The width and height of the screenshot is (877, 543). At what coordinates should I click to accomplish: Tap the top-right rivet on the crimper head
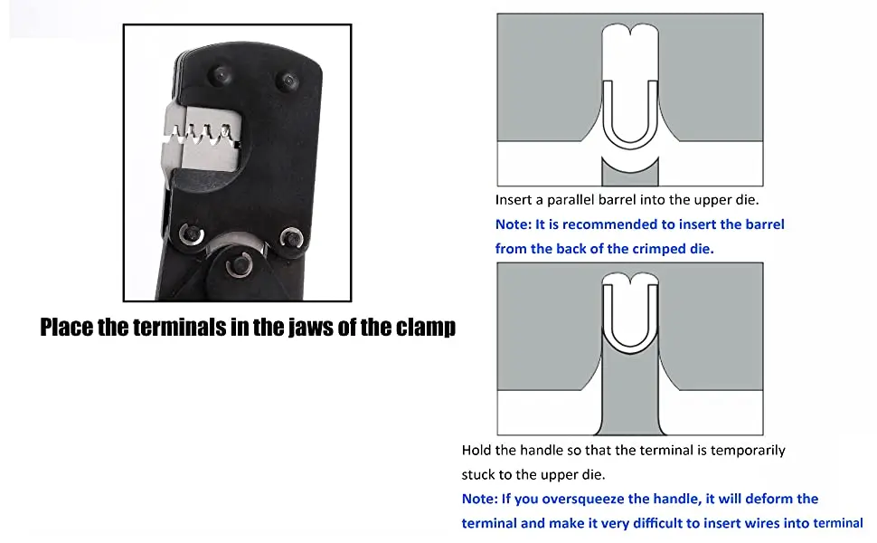(287, 81)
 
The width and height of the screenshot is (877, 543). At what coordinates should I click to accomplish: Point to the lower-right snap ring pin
(292, 237)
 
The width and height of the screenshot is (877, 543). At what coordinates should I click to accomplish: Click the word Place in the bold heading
(66, 327)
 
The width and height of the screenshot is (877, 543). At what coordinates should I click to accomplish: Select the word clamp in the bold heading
(425, 327)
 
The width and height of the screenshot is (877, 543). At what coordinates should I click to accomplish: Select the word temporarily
(742, 451)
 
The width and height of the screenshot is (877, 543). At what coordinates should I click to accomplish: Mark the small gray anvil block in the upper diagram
(630, 170)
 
